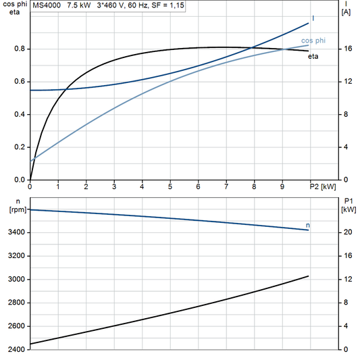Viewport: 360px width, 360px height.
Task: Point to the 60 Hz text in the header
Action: [140, 5]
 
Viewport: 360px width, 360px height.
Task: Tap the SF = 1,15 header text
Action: [169, 5]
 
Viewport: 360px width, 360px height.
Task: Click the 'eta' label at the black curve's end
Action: [313, 56]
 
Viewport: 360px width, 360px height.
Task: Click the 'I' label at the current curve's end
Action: [313, 18]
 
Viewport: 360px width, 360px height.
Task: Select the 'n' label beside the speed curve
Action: [308, 225]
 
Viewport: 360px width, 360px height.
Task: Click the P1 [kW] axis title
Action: [347, 205]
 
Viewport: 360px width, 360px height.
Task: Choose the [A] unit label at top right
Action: [346, 12]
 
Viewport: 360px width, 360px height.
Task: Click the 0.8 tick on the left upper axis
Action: [19, 49]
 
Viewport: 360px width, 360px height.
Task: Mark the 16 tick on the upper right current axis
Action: [347, 49]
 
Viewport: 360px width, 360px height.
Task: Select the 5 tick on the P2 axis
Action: [170, 186]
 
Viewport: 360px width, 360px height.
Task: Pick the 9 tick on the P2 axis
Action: [282, 186]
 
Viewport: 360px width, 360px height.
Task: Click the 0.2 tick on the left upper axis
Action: [19, 147]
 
